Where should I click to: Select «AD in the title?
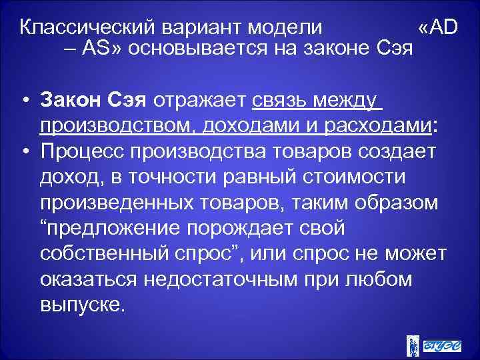(439, 29)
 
